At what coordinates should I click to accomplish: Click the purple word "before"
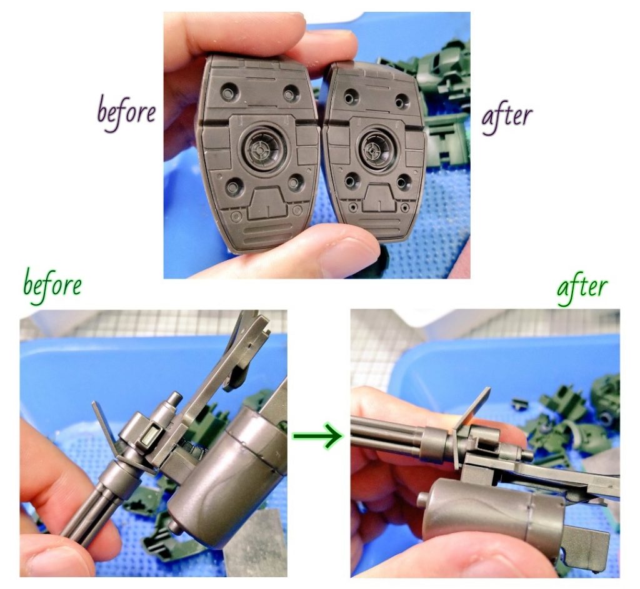click(126, 112)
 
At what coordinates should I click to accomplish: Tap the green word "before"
click(52, 285)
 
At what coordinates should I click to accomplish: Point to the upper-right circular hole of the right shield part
click(402, 101)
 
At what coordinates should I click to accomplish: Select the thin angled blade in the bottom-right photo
click(471, 425)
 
